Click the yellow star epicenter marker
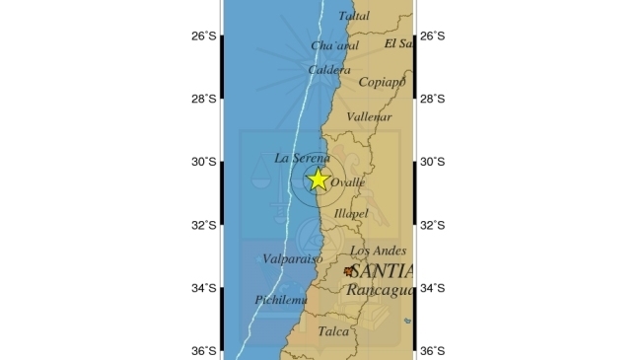318,180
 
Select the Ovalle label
347,183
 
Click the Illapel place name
351,213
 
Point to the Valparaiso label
293,259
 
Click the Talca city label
333,332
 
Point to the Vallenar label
370,116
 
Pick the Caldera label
328,70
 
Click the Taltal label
354,16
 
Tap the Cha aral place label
333,46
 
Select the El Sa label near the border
398,43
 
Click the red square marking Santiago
348,270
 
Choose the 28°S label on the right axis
433,99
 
